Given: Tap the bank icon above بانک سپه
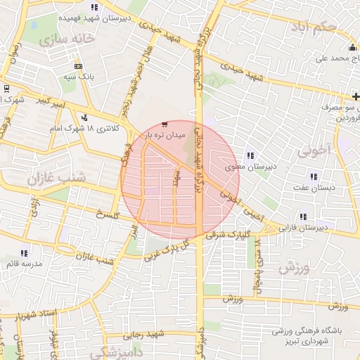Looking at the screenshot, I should (x=78, y=65).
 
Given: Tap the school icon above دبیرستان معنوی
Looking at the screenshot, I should (x=249, y=156).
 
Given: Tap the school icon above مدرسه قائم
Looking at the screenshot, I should (x=25, y=253).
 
